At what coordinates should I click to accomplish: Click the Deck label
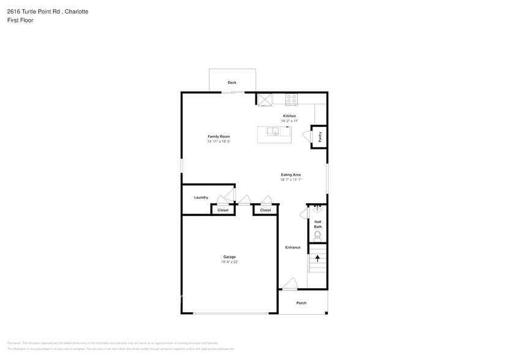point(232,83)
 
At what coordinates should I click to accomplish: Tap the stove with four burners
point(292,99)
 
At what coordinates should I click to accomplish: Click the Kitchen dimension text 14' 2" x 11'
point(289,121)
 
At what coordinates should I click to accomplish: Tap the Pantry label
point(320,137)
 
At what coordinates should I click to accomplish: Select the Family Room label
point(219,137)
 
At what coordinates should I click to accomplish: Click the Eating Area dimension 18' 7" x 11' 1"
point(291,180)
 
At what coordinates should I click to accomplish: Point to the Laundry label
point(201,197)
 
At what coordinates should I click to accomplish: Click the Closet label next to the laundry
point(223,210)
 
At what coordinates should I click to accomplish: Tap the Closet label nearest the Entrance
point(265,210)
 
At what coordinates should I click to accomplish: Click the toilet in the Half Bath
point(317,234)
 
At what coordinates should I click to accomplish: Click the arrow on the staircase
point(317,258)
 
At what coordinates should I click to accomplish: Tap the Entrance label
point(293,247)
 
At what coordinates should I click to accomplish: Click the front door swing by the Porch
point(290,284)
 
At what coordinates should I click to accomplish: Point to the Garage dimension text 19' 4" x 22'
point(229,262)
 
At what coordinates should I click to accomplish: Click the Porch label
point(301,303)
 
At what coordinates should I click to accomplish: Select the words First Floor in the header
point(20,20)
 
